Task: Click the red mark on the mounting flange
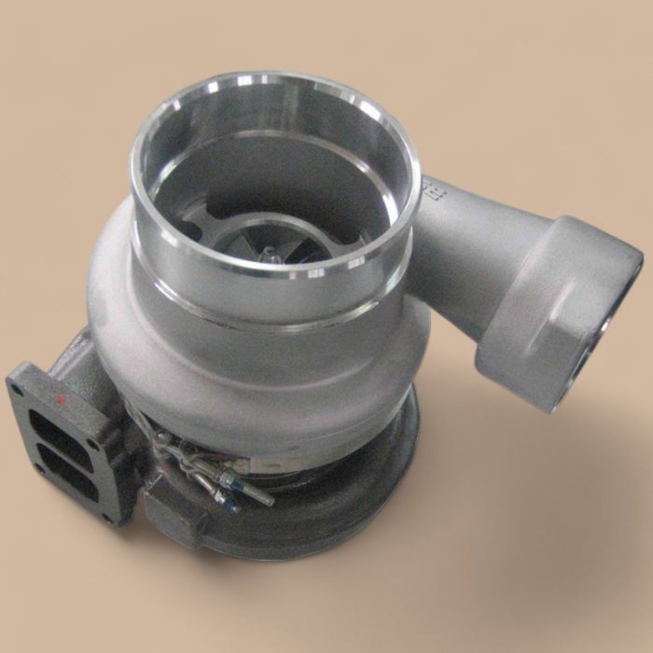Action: tap(63, 400)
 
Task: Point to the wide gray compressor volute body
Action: tap(252, 364)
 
